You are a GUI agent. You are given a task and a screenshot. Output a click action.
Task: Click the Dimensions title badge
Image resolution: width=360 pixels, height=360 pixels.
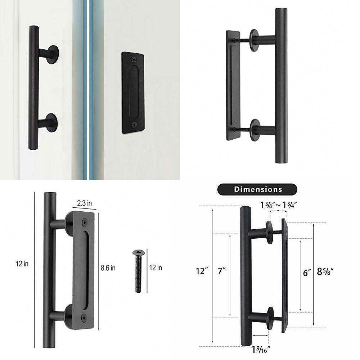pos(258,189)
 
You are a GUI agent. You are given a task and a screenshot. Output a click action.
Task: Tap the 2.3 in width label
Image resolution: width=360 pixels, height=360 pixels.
pos(84,203)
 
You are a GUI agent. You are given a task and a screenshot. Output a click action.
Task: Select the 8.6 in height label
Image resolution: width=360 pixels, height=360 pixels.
pos(108,268)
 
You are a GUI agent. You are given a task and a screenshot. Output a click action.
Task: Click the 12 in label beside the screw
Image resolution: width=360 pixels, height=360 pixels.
pos(156,267)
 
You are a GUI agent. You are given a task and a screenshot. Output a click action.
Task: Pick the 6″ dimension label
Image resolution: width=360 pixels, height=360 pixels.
pos(307,273)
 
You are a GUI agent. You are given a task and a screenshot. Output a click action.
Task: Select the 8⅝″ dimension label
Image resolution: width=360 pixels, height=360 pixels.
pos(325,271)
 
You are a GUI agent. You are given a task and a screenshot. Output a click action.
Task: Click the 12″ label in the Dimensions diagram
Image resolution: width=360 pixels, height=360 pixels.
pos(202,270)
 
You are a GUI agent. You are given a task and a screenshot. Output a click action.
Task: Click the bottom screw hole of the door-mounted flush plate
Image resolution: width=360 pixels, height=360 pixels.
pos(134,124)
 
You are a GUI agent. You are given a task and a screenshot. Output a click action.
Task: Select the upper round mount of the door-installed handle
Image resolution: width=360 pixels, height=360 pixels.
pos(51,54)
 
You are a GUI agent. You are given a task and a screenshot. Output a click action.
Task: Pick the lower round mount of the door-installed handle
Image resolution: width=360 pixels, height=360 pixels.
pos(51,122)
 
